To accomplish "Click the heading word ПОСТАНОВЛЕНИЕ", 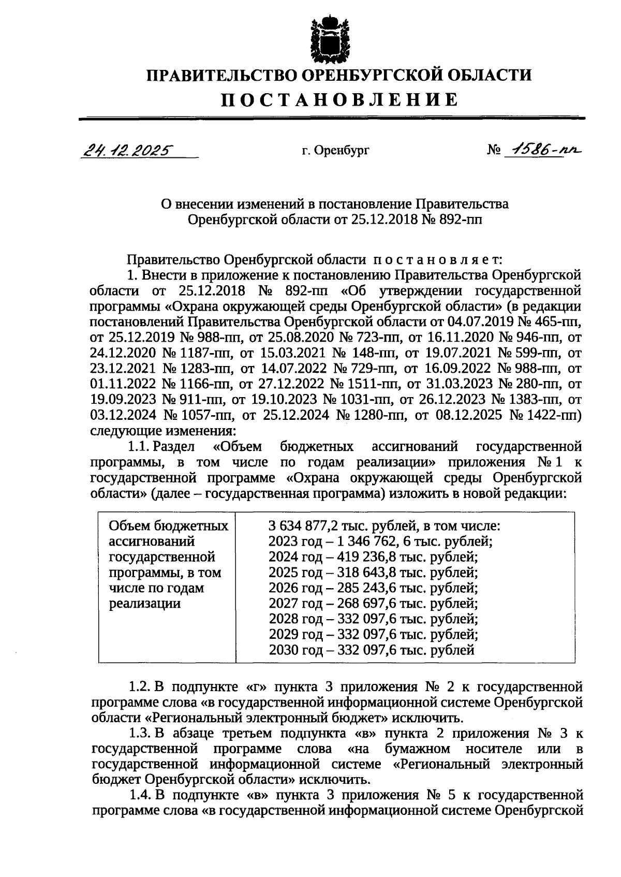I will click(339, 99).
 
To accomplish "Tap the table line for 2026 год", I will click(373, 588).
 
